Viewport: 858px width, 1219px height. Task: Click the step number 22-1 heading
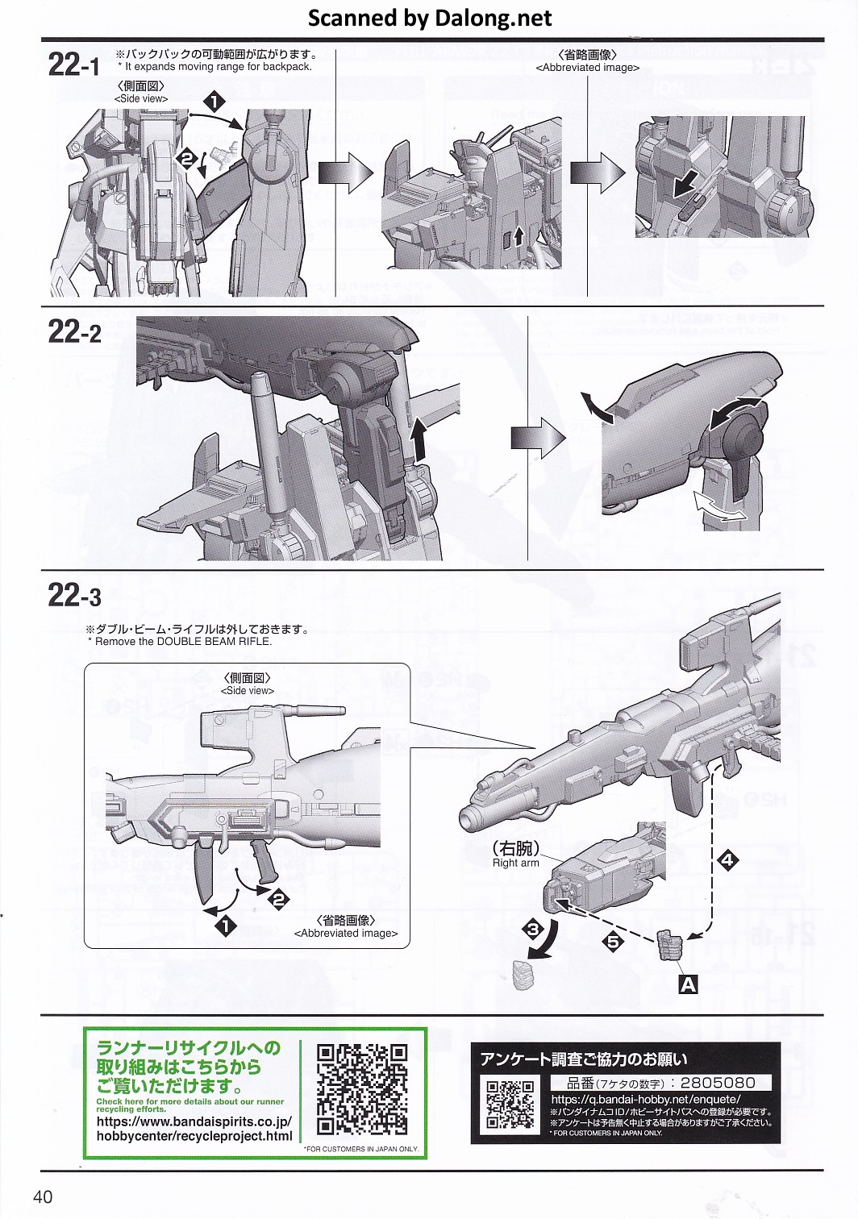pos(74,64)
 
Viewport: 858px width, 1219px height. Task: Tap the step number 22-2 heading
pos(75,331)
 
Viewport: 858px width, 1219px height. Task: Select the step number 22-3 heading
pos(75,596)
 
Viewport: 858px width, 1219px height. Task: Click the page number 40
pos(43,1196)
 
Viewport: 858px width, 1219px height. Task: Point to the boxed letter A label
pos(688,984)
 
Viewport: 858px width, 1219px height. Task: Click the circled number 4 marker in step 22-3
pos(727,860)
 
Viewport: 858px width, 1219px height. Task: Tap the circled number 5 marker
pos(614,940)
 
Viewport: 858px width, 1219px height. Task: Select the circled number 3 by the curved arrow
pos(532,930)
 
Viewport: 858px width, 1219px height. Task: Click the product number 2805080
pos(717,1083)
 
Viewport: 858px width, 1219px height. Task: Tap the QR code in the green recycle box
pos(362,1089)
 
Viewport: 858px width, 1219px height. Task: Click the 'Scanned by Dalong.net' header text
pos(430,18)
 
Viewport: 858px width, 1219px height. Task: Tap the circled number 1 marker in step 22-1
pos(214,101)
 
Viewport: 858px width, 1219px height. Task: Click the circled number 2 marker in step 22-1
pos(187,159)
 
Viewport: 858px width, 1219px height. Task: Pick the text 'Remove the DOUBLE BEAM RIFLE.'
pos(183,642)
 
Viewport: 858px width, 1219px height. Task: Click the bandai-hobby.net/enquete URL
pos(645,1099)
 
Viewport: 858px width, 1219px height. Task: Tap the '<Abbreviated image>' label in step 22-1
pos(587,68)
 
